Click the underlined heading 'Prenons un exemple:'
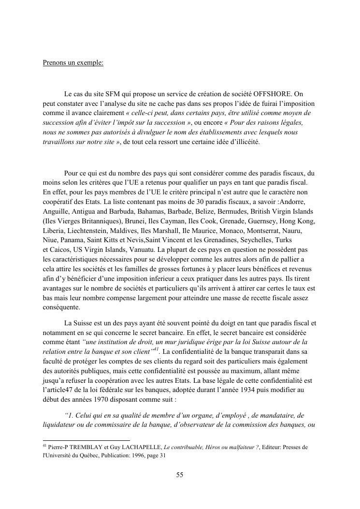73,63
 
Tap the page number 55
180,475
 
